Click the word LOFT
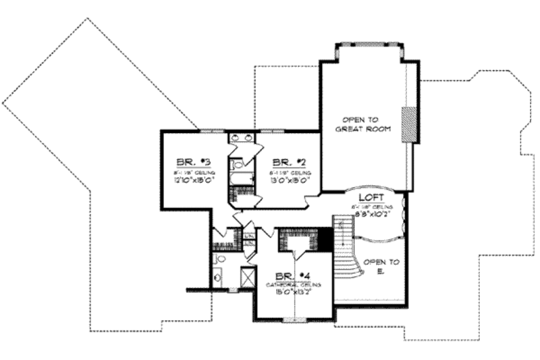coord(371,197)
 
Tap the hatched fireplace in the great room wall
coord(408,125)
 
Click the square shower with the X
coord(247,277)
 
